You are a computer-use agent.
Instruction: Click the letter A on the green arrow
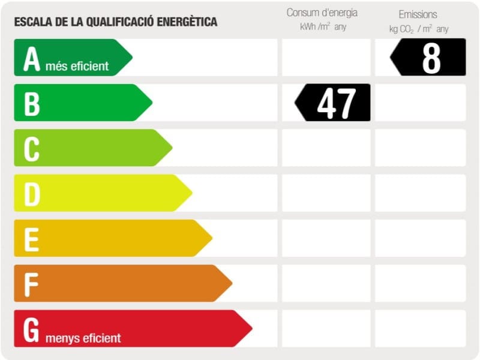[31, 59]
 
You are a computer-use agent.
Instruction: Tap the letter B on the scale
[32, 103]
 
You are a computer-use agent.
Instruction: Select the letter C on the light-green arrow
[32, 148]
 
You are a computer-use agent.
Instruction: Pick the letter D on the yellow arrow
[32, 194]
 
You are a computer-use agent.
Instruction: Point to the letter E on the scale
[32, 239]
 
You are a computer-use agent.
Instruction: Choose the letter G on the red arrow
[32, 329]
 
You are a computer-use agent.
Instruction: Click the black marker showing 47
[334, 103]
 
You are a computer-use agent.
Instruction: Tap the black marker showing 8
[429, 58]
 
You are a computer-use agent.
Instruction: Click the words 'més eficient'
[77, 66]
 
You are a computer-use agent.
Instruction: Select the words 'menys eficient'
[82, 338]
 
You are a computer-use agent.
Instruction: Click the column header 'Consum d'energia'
[322, 13]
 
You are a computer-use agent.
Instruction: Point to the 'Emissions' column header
[418, 14]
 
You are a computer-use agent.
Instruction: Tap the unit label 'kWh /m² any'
[323, 27]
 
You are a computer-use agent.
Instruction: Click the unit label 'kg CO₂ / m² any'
[418, 29]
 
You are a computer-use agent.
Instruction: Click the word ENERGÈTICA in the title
[187, 22]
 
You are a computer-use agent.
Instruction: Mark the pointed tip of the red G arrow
[251, 328]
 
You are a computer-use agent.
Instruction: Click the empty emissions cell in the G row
[420, 328]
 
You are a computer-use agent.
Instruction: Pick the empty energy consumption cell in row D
[326, 193]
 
